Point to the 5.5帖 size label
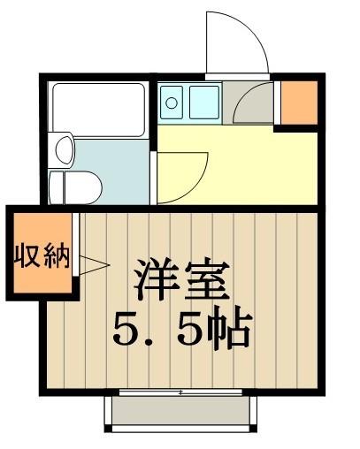(183, 331)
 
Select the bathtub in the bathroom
(97, 109)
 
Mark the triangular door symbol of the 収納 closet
(92, 263)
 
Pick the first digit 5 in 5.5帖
(129, 331)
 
